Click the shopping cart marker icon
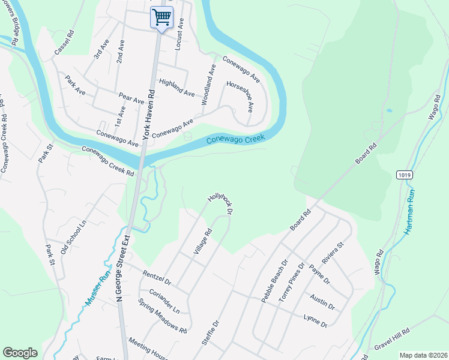pos(161,17)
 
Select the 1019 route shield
pos(404,174)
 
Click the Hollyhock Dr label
pos(220,203)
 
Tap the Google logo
pos(20,353)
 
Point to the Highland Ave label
pos(176,88)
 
